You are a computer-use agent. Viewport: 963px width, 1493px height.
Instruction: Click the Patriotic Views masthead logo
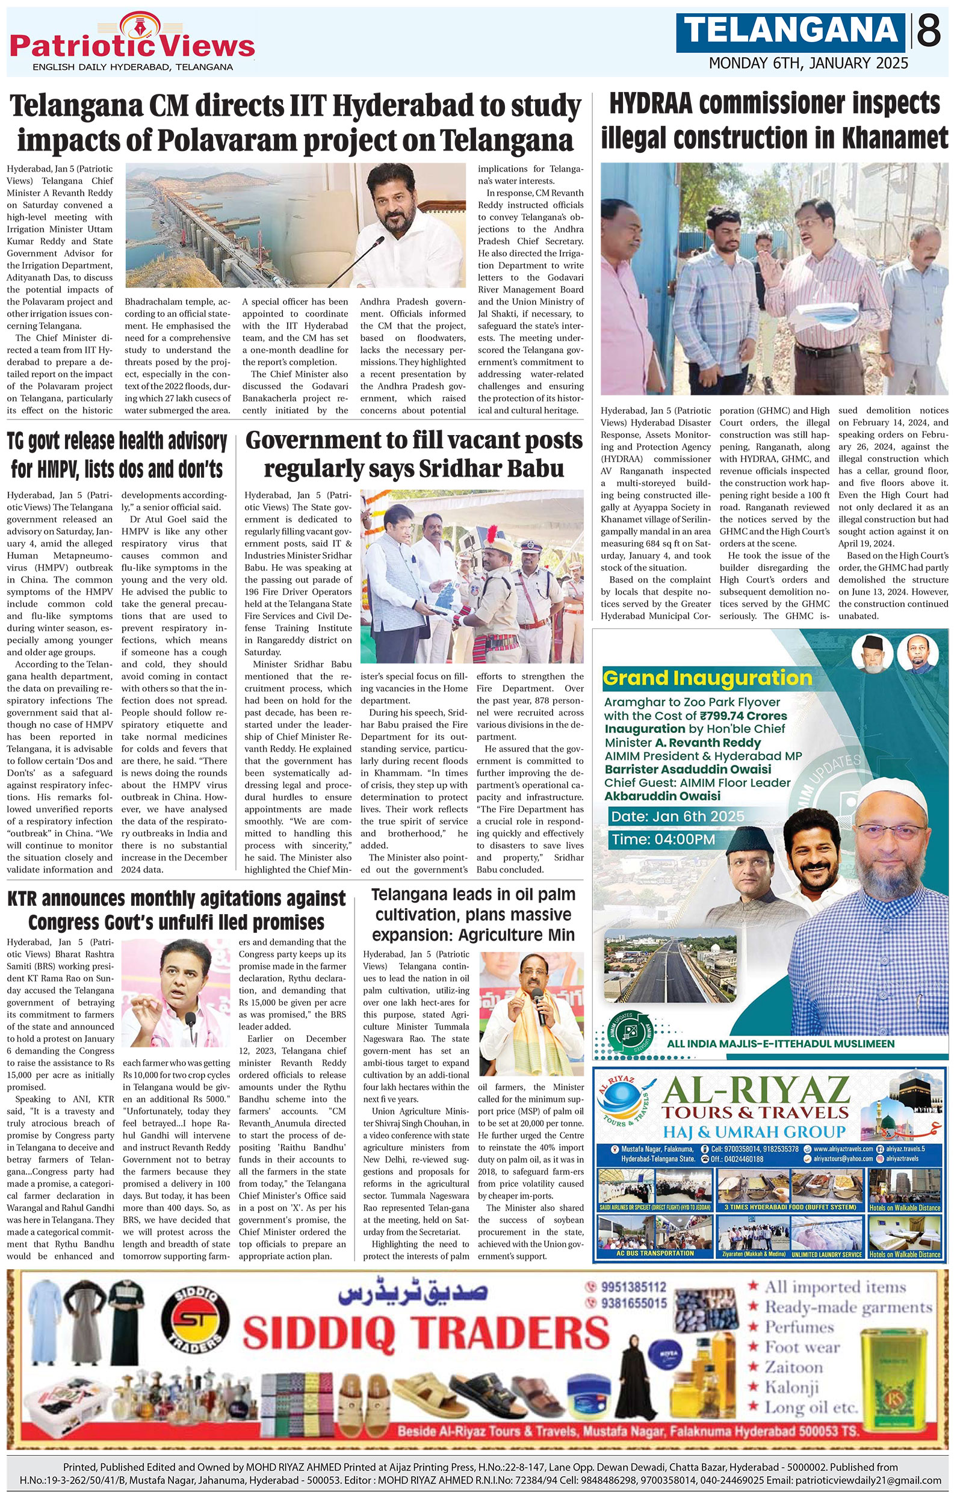[x=132, y=45]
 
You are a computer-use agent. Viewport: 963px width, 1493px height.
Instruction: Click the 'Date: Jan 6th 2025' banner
[x=678, y=817]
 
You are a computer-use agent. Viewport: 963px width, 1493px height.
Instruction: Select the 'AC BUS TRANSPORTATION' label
[x=655, y=1253]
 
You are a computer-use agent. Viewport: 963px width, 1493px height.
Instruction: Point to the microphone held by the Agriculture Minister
[x=541, y=1006]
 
